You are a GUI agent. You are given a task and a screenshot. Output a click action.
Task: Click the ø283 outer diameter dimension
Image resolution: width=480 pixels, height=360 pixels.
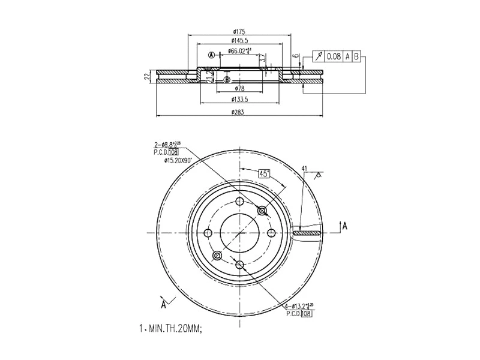coord(240,112)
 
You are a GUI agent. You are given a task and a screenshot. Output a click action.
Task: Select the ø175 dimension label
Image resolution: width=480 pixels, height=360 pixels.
coord(240,32)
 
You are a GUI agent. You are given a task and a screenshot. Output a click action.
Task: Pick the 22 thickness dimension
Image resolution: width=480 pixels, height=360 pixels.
coord(146,76)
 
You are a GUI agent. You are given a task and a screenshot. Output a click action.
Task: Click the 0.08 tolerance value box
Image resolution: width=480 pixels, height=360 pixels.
coord(333,56)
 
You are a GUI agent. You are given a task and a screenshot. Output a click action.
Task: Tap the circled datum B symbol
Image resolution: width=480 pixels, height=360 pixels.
coord(227,79)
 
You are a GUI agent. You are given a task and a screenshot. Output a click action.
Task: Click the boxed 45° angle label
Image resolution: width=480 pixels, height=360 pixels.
coord(264,173)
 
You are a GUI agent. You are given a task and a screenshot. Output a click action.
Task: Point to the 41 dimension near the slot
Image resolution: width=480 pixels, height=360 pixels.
coord(304,169)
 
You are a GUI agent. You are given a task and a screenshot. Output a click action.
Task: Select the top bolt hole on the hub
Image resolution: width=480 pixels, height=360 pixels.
coord(239,202)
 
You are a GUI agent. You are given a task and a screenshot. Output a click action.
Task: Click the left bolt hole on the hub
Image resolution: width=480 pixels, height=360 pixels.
coord(208,233)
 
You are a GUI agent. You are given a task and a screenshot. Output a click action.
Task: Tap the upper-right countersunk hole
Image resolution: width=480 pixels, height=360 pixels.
coord(262,211)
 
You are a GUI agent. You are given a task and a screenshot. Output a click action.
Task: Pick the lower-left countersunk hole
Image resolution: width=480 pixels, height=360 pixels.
coord(217,256)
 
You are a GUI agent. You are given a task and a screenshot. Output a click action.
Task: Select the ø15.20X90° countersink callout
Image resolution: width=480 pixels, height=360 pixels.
coord(169,160)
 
